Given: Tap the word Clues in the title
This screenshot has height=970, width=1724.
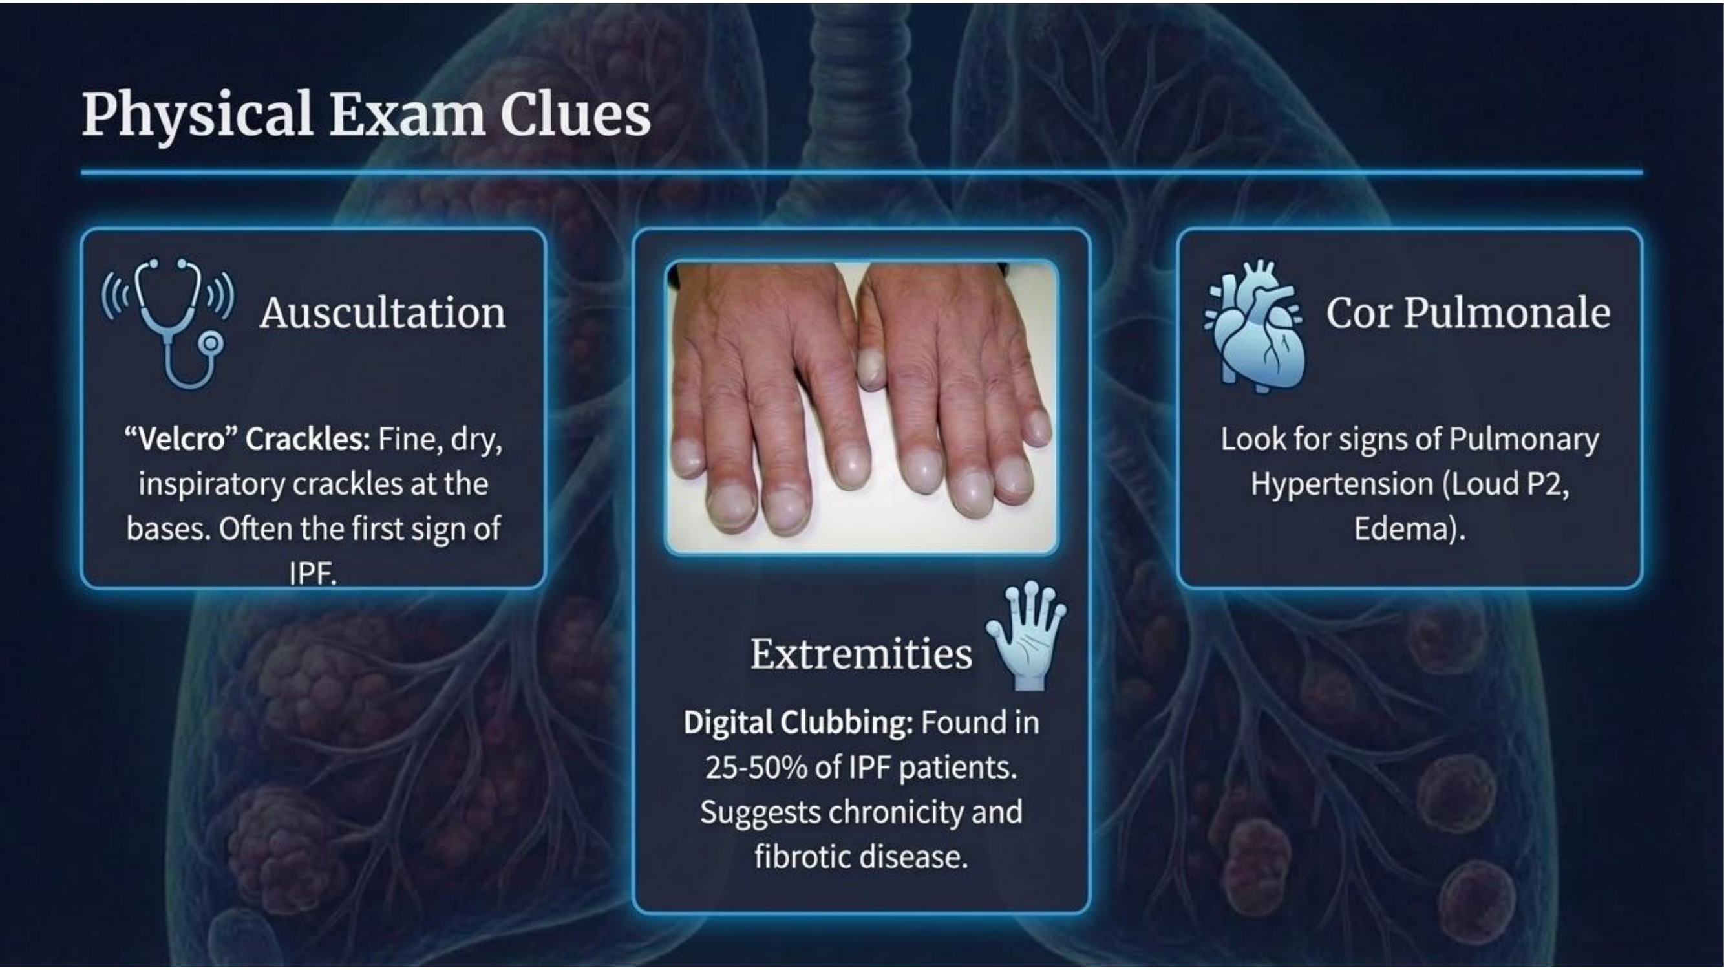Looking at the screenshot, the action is click(575, 114).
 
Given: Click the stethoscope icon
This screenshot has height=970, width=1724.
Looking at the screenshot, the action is click(169, 323).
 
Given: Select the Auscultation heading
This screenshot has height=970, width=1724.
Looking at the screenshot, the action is click(383, 313).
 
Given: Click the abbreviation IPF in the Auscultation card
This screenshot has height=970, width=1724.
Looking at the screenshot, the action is click(312, 574).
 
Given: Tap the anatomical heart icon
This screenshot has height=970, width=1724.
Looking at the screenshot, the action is click(1253, 327).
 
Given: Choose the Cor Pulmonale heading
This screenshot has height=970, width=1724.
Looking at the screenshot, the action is click(1469, 312).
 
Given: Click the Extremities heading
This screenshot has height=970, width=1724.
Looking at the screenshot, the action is click(861, 653).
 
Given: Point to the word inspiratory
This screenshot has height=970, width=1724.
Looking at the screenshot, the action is click(209, 484).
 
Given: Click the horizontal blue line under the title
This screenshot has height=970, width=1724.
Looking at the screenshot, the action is click(862, 173).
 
